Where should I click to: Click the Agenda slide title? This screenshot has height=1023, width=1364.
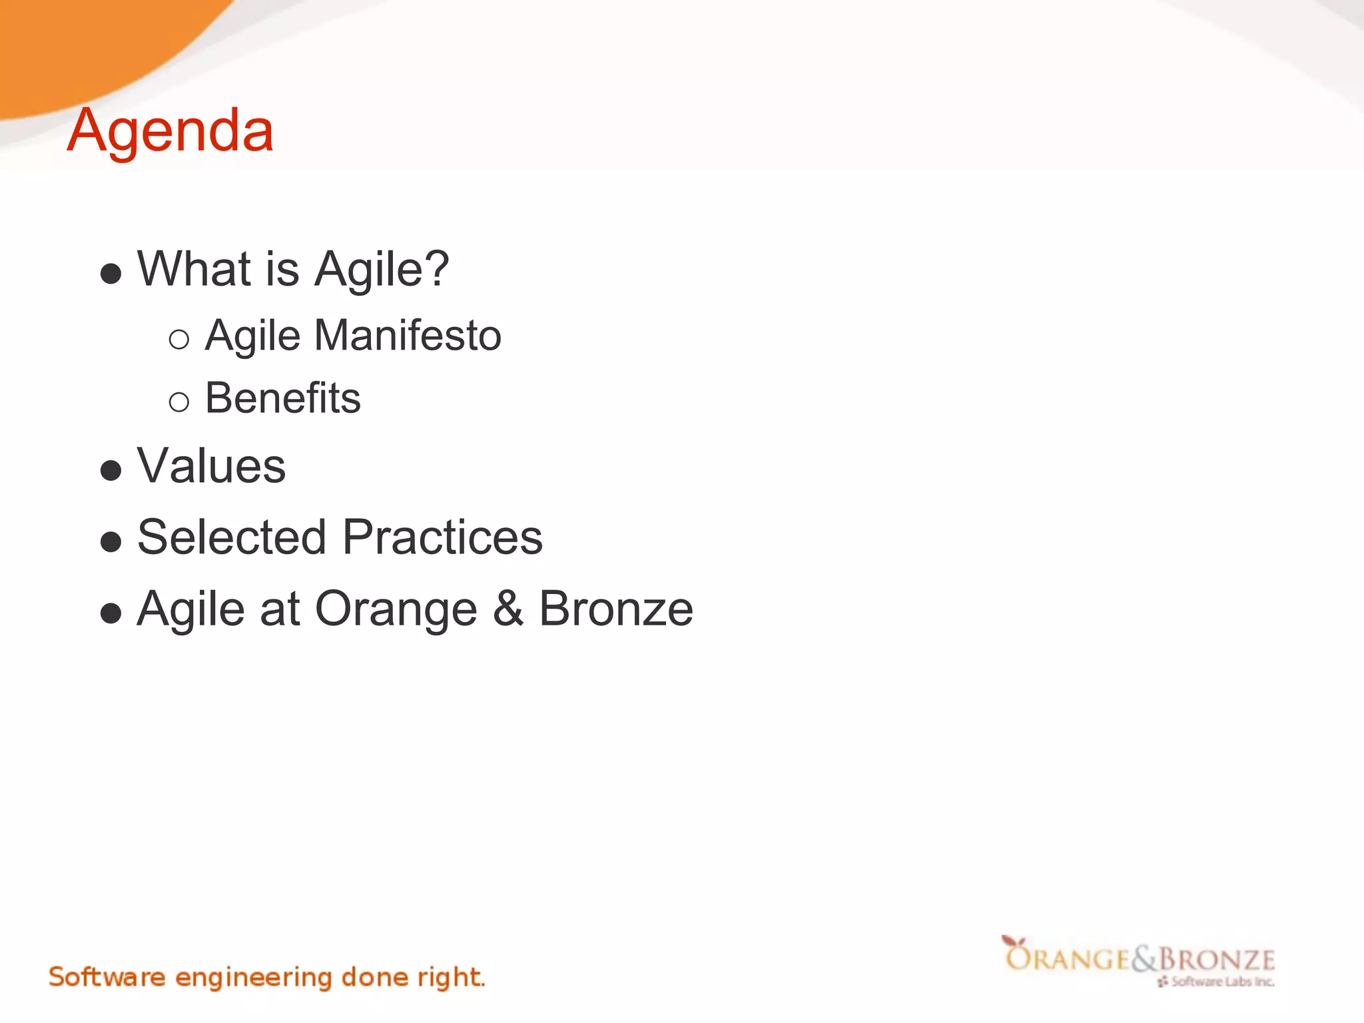click(x=170, y=131)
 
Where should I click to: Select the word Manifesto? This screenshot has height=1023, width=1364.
click(x=408, y=335)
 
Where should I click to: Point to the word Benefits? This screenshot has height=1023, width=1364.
click(x=282, y=398)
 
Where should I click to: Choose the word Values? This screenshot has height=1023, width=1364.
click(x=211, y=466)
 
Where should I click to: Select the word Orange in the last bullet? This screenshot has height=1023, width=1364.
click(x=396, y=609)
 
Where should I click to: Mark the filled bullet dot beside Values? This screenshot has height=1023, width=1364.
click(x=111, y=470)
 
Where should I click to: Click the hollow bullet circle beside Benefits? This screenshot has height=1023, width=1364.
click(x=179, y=402)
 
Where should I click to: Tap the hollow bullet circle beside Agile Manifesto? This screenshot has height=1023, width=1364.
click(x=179, y=340)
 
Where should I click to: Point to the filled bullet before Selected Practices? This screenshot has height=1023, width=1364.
click(x=111, y=541)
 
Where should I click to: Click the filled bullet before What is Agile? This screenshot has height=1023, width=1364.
click(x=111, y=273)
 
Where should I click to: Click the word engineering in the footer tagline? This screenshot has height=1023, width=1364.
click(x=253, y=978)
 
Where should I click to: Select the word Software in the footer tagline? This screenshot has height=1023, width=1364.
click(x=107, y=977)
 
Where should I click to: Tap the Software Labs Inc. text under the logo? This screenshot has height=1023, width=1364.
click(x=1221, y=982)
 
